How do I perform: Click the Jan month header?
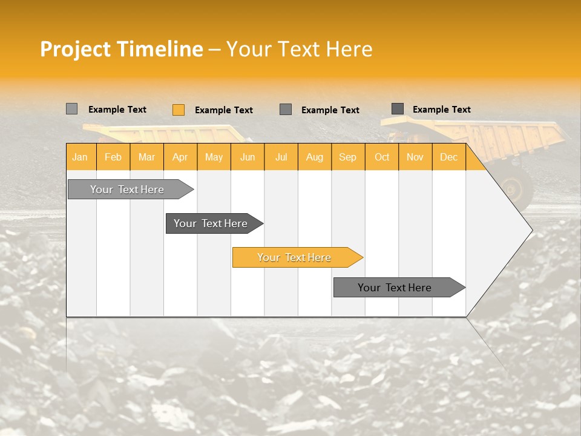point(80,157)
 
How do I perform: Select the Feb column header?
point(113,157)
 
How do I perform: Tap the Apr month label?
point(180,157)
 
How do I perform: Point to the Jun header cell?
point(248,157)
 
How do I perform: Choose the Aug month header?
point(314,157)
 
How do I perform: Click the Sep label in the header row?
point(347,157)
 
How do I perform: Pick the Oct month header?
point(382,157)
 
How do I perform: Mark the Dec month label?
point(448,157)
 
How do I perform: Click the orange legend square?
point(179,110)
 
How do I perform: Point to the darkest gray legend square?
point(398,109)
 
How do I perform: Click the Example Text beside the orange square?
point(224,110)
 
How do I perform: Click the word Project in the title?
point(76,49)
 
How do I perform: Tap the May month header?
point(214,157)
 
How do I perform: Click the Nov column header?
point(415,157)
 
